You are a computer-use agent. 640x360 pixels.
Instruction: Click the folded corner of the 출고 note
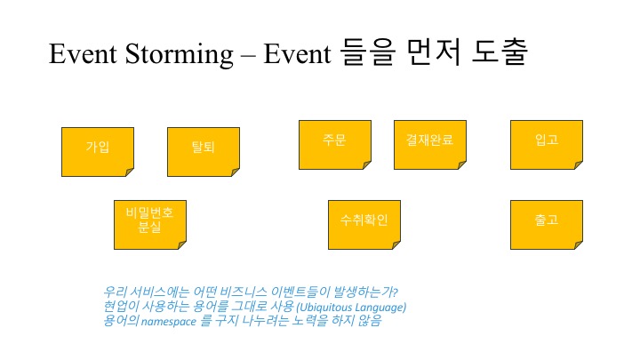click(x=576, y=244)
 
